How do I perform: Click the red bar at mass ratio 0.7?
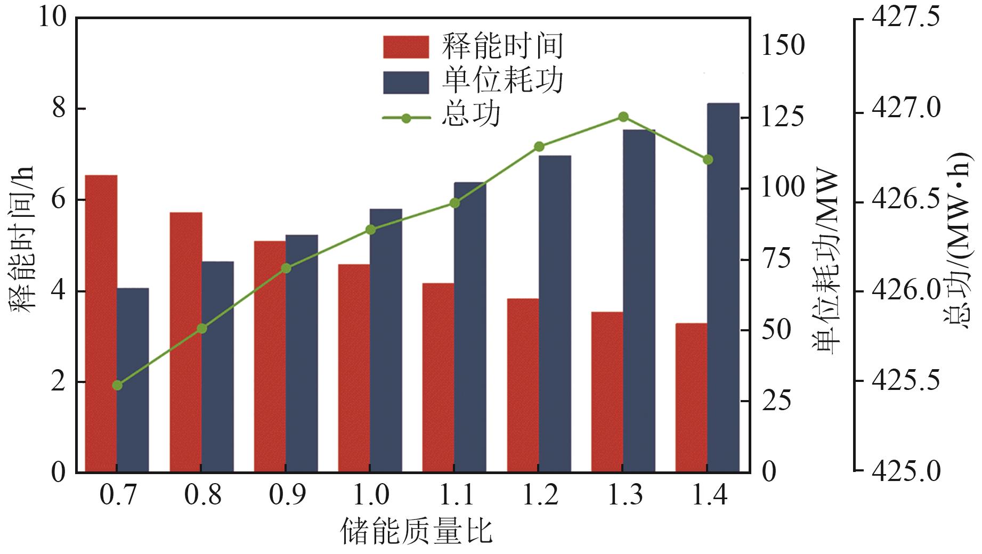(x=101, y=323)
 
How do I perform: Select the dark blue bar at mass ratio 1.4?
(x=723, y=288)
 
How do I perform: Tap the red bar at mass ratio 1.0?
(x=354, y=368)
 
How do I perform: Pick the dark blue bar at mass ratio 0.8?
(x=217, y=366)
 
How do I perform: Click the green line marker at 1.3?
(x=623, y=117)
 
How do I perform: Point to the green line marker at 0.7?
(x=118, y=385)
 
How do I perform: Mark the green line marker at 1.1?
(x=455, y=203)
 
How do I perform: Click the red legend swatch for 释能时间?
(x=405, y=47)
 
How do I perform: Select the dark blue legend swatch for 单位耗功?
(x=405, y=83)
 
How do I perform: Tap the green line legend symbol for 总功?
(x=406, y=118)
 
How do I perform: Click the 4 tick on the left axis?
(x=58, y=291)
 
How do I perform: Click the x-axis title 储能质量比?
(x=416, y=532)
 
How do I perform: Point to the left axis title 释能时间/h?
(x=22, y=240)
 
